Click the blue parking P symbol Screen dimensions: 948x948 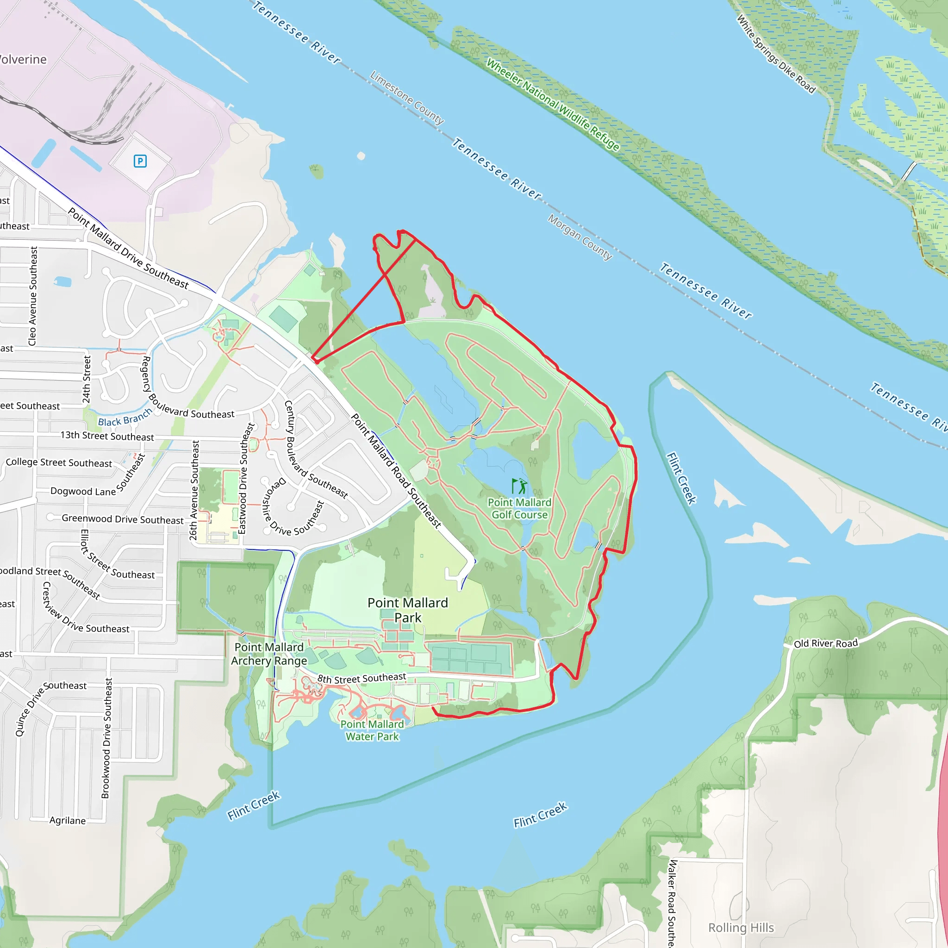140,161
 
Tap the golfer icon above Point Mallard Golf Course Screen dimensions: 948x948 519,486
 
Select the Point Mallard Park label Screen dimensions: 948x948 408,610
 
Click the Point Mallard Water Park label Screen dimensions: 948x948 373,730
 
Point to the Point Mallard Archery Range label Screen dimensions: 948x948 269,654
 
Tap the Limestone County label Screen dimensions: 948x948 407,98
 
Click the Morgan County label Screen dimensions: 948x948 580,237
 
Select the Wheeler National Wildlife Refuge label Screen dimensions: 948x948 553,104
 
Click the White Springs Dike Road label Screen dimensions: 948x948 776,54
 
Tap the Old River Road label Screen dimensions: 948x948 826,643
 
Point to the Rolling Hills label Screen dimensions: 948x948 741,927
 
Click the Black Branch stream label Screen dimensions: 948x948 125,418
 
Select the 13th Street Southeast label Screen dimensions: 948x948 107,436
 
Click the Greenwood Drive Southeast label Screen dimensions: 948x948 122,519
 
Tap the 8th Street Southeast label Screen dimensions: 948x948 362,678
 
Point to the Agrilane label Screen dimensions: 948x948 67,820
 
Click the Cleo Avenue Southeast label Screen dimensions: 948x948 33,296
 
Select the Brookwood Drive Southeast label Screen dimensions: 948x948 106,738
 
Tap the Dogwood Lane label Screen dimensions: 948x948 83,491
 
